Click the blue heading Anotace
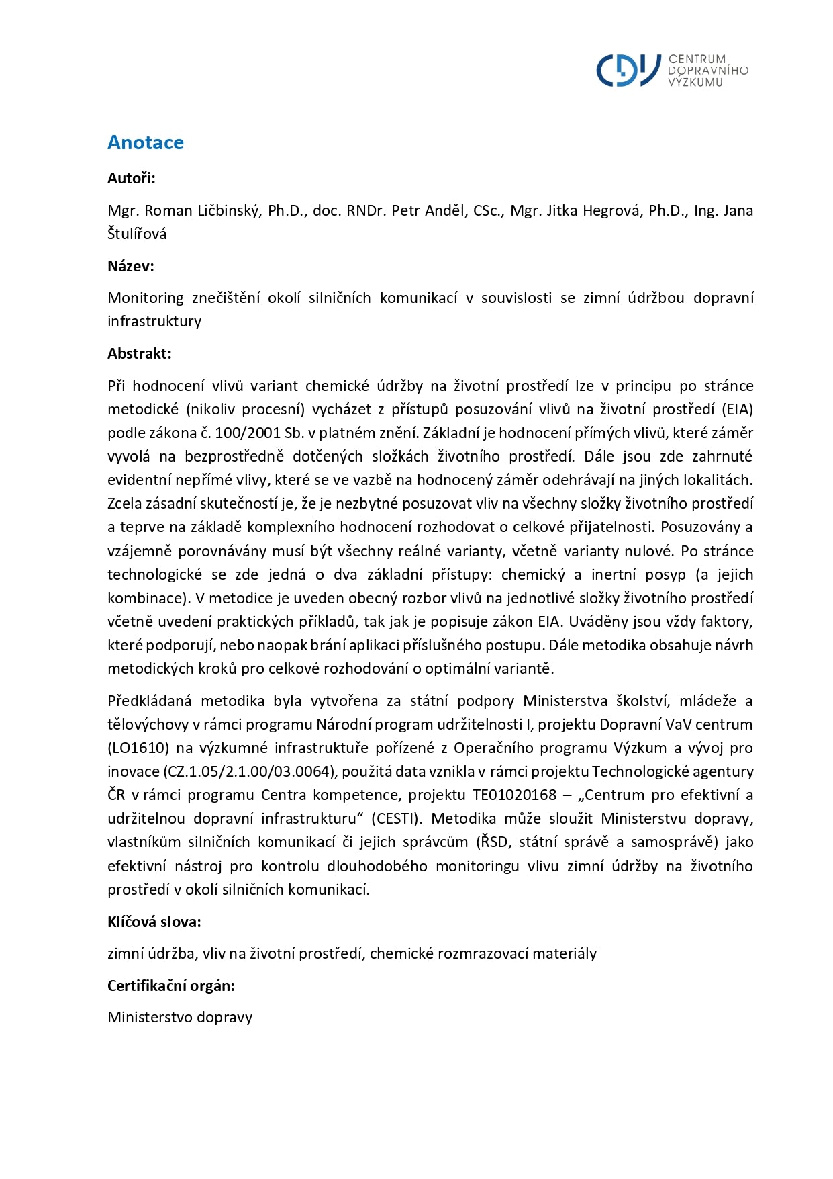[x=145, y=142]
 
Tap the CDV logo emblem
[x=628, y=70]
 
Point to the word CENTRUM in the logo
[x=697, y=59]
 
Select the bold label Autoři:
[x=132, y=178]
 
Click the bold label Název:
[x=131, y=266]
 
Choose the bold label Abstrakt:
[x=140, y=353]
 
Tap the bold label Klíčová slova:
[x=154, y=922]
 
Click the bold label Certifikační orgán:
[x=171, y=986]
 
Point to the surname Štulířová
[x=137, y=234]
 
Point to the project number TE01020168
[x=514, y=795]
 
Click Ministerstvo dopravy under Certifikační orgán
[x=180, y=1017]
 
